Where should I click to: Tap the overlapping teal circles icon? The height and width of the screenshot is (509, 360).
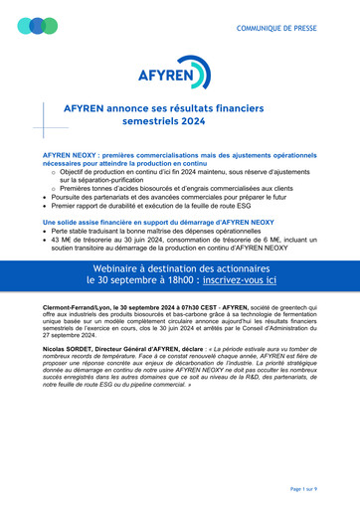38,26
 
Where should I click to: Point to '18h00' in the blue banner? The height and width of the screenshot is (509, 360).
185,281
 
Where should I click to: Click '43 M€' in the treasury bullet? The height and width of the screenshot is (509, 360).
61,240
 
